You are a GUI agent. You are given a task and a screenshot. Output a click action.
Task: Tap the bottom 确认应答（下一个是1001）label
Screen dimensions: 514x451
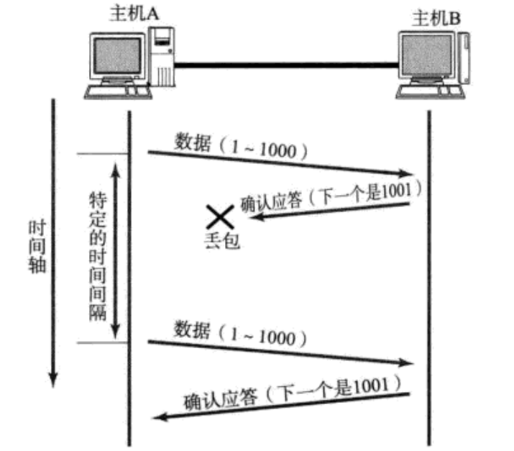point(291,391)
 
